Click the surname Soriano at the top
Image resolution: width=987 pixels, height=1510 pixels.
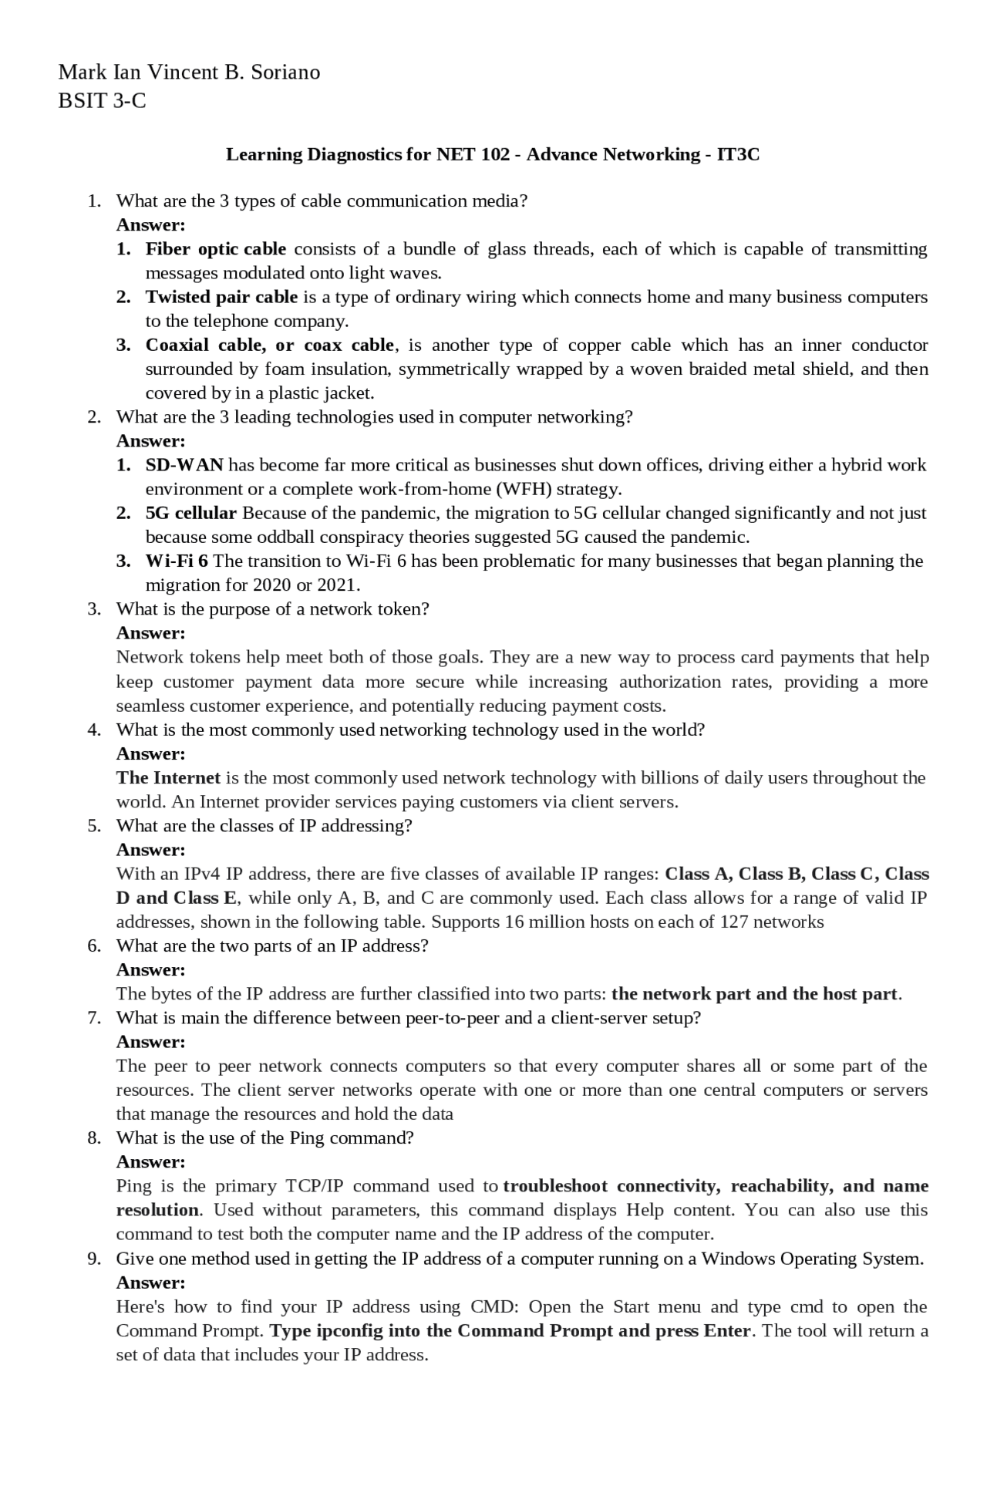click(281, 72)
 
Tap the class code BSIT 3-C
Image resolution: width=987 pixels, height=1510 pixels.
click(102, 101)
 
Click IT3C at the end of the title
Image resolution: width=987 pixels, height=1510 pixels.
click(738, 155)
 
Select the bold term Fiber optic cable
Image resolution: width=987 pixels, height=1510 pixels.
click(215, 249)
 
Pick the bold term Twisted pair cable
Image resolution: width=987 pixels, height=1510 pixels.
click(221, 297)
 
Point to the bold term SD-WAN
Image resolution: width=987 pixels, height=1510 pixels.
click(184, 465)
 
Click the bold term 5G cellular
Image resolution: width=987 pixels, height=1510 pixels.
click(190, 514)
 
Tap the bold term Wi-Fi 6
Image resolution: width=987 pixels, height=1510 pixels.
click(177, 561)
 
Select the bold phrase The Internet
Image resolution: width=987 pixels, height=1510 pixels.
click(168, 778)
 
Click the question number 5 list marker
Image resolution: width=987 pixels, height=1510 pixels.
click(93, 826)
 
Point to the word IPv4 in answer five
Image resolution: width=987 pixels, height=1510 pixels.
click(202, 875)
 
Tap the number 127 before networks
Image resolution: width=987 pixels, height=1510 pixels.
click(733, 922)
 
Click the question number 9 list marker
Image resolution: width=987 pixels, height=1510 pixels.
click(93, 1259)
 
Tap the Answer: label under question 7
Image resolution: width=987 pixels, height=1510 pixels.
click(150, 1043)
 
